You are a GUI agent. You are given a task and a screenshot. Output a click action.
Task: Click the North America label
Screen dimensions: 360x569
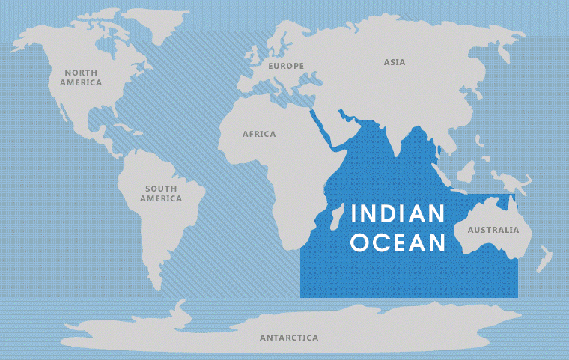(x=81, y=77)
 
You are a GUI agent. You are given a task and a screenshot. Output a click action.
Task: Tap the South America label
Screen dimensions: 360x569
(x=161, y=194)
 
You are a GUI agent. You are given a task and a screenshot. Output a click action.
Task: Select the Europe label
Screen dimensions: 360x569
(x=286, y=66)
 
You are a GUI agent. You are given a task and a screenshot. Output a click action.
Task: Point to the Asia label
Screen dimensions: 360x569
(x=395, y=62)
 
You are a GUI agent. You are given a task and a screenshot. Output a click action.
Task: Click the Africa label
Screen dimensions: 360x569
(x=259, y=134)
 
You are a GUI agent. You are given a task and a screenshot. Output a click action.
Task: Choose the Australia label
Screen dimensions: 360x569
(x=493, y=229)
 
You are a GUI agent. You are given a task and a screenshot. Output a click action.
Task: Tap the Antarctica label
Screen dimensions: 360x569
(x=289, y=338)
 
